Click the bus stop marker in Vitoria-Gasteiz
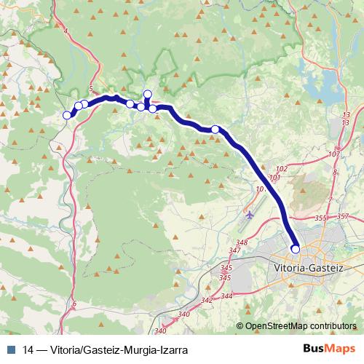296,249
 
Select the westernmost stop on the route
67,115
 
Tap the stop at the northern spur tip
147,93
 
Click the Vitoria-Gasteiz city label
306,268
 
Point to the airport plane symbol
250,215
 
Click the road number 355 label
321,217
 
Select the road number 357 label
344,216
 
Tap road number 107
334,154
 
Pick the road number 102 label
283,169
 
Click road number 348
242,242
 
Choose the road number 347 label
234,250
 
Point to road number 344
226,296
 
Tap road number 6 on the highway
74,303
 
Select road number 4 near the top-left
66,31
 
